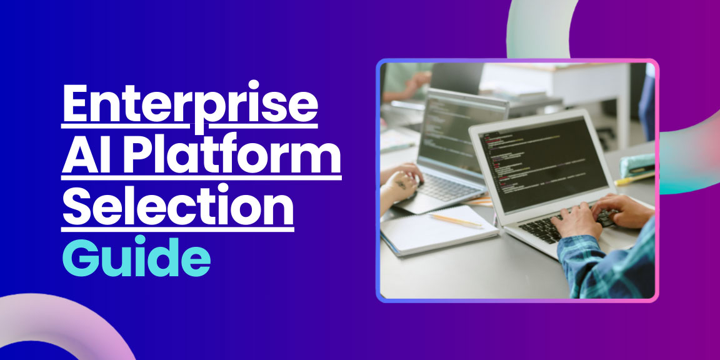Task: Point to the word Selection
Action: [177, 209]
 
